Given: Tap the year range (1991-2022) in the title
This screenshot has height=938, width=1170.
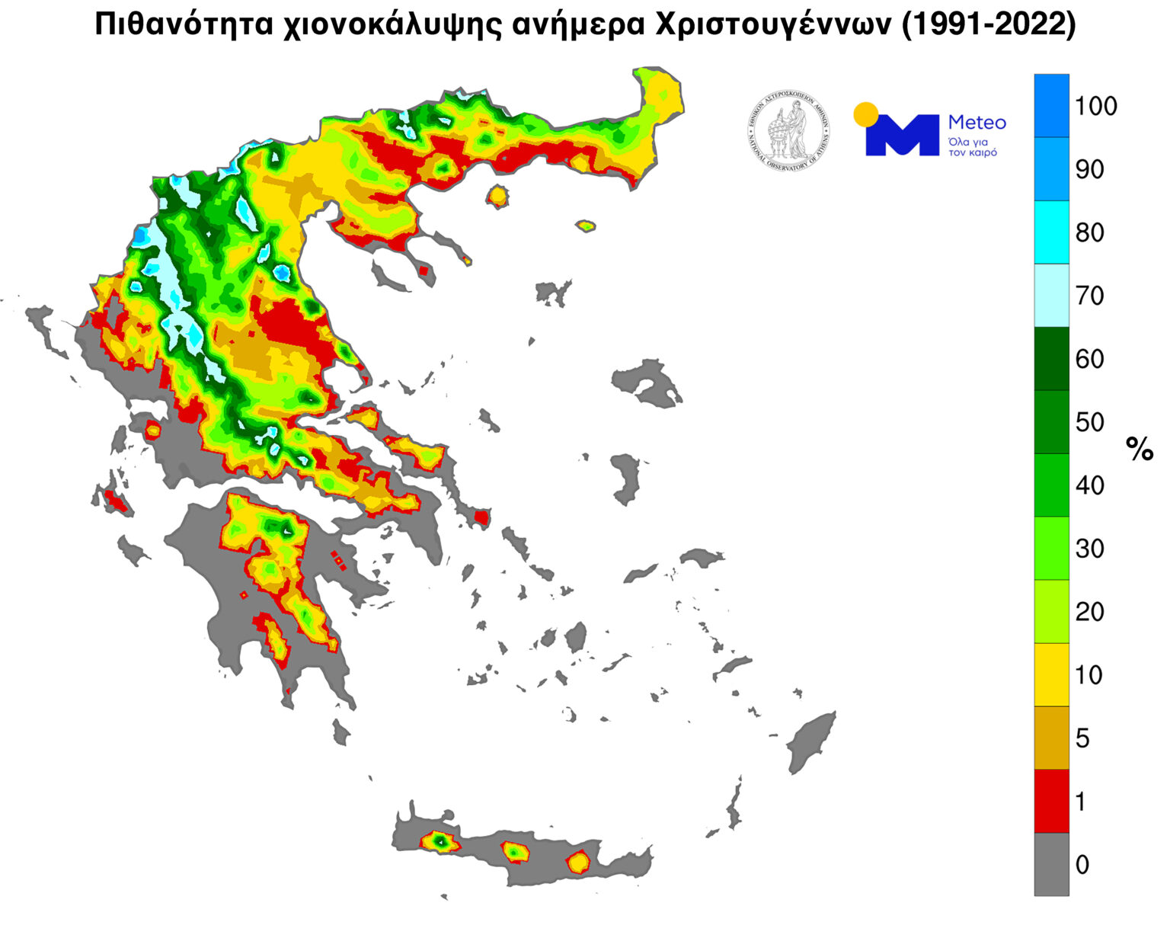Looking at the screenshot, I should click(988, 24).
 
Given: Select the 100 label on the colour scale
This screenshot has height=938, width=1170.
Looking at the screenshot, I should click(1095, 106).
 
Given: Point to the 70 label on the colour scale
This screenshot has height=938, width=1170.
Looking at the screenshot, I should click(1089, 296).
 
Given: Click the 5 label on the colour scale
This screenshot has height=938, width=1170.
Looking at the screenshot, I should click(1082, 738).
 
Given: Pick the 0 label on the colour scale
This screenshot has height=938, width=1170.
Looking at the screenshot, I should click(1082, 864).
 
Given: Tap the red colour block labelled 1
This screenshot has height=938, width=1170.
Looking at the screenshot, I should click(1051, 801).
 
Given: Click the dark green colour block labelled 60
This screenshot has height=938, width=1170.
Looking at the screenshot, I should click(1051, 359).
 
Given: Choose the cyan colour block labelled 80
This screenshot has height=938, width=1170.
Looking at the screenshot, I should click(1051, 232).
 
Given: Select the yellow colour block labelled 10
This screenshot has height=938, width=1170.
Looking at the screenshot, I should click(1051, 674).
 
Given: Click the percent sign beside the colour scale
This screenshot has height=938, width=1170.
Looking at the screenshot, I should click(1140, 450).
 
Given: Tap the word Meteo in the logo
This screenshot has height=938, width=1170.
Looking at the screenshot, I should click(977, 123).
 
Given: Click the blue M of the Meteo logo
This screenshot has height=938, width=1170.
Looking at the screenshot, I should click(902, 136).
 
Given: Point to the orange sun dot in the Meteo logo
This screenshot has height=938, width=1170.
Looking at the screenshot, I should click(865, 114).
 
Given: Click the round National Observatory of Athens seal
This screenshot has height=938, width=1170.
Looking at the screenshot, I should click(788, 131).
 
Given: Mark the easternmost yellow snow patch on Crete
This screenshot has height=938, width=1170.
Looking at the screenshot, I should click(578, 862).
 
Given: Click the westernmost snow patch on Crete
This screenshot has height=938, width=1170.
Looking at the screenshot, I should click(440, 841).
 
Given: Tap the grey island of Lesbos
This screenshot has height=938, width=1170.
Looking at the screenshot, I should click(647, 381).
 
